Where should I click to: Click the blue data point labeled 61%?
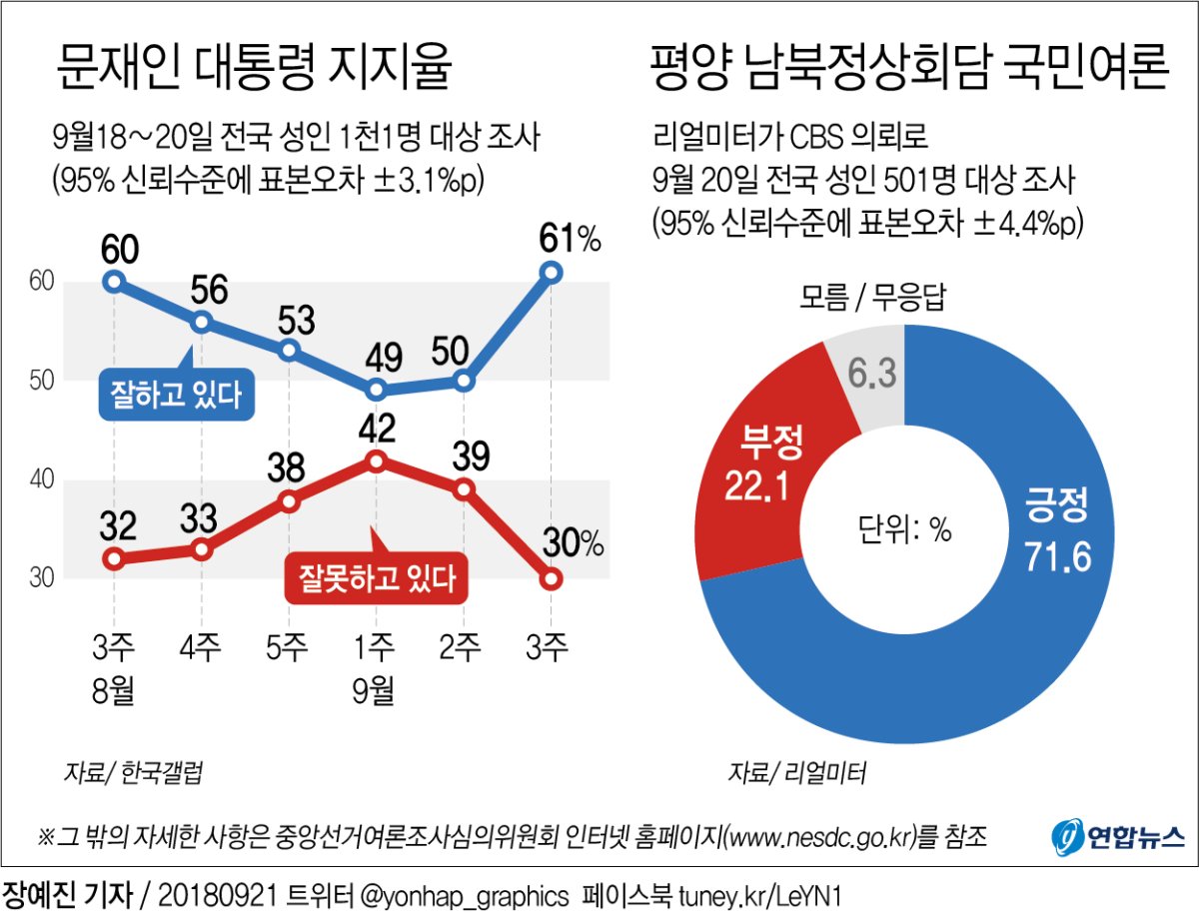(x=551, y=272)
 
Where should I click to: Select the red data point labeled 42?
(x=376, y=460)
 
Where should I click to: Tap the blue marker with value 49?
(x=376, y=390)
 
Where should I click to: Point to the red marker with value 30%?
(x=551, y=578)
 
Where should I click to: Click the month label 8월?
(x=113, y=690)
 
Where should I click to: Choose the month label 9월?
(x=376, y=690)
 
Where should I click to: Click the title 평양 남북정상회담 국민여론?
(x=908, y=71)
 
